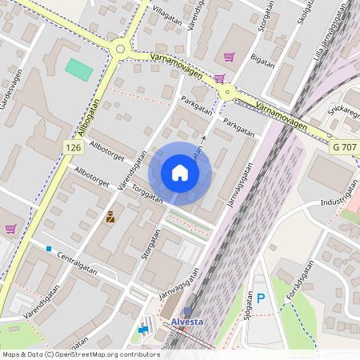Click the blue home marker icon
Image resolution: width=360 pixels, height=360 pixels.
coord(180,173)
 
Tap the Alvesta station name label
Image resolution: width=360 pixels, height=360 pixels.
coord(188,322)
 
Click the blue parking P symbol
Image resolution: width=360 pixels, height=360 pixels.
coord(260,299)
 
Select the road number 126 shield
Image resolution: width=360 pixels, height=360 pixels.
coord(74,148)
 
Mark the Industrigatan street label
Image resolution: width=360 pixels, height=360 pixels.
coord(338,197)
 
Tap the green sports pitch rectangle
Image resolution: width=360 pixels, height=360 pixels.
coord(79,69)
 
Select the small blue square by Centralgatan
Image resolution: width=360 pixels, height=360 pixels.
coord(49,249)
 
